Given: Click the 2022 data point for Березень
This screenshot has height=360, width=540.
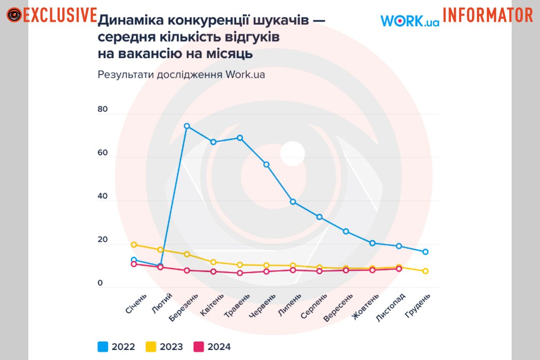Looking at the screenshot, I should pos(187,126).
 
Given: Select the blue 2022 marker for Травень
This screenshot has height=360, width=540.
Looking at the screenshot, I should pos(240,138).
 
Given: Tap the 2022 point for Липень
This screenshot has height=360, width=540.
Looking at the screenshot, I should pos(293,202).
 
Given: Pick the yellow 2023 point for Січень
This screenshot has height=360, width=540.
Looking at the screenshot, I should pos(134,244).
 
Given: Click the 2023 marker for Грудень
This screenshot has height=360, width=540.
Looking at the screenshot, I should pos(425,271).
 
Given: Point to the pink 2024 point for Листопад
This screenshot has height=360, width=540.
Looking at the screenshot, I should pos(399,269).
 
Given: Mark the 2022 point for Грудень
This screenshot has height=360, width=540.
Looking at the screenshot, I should pos(425,252).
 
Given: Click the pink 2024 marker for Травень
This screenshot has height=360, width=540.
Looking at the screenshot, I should pos(240,273).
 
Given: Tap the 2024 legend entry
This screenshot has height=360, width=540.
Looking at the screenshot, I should pos(212,346).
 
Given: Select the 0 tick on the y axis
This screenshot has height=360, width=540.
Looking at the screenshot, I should pos(100,283).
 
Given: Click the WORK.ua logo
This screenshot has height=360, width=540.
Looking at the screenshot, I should pos(409,21).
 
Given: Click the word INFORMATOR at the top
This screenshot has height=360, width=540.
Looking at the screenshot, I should pos(488,15).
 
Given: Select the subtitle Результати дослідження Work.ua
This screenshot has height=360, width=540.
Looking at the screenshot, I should pos(181,75).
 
